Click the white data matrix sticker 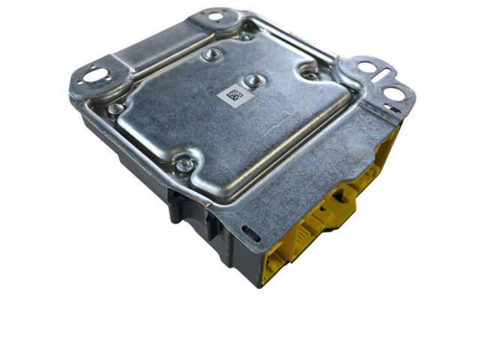(233, 96)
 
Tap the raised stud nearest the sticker (253, 79)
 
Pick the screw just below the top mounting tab (244, 34)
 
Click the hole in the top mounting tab (216, 16)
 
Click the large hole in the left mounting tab (95, 74)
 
